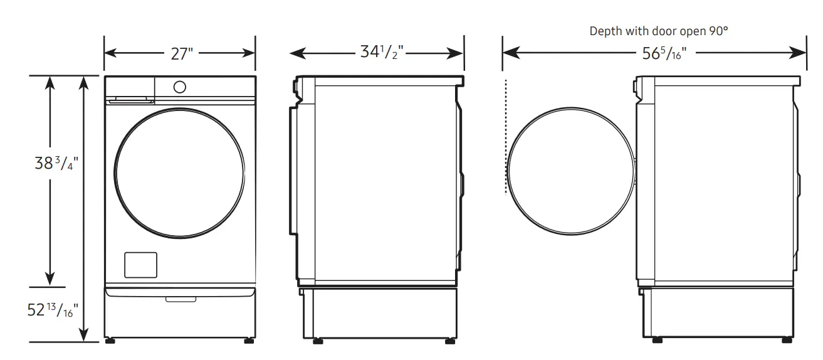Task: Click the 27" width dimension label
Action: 180,54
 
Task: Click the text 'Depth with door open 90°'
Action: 658,31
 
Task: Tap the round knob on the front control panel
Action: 180,87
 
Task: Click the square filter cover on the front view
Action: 140,265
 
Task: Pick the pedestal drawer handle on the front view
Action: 180,299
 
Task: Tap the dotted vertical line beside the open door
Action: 505,138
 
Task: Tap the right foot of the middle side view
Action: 449,341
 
